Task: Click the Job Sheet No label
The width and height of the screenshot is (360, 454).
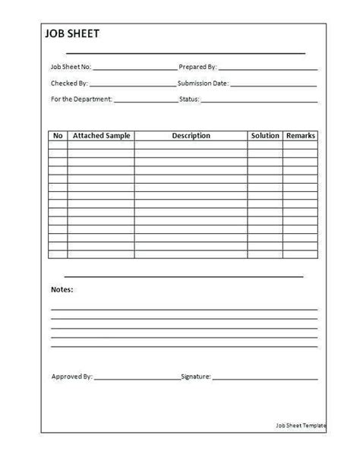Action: (71, 67)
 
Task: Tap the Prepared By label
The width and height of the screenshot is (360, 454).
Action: (197, 67)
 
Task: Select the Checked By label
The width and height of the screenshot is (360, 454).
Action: (69, 83)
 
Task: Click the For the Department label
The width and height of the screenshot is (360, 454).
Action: (81, 99)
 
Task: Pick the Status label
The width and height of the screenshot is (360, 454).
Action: (188, 99)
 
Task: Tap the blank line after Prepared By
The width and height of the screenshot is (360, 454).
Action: (267, 69)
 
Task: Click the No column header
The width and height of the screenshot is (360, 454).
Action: (58, 136)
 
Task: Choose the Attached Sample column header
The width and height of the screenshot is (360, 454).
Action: (100, 136)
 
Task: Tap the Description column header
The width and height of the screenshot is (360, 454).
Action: (191, 136)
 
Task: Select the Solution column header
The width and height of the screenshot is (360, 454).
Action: (264, 136)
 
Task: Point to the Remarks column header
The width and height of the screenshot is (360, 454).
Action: (300, 136)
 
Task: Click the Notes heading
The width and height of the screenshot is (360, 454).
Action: (62, 290)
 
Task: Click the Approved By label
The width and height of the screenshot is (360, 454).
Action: (72, 376)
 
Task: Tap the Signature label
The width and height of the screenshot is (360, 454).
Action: (197, 376)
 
